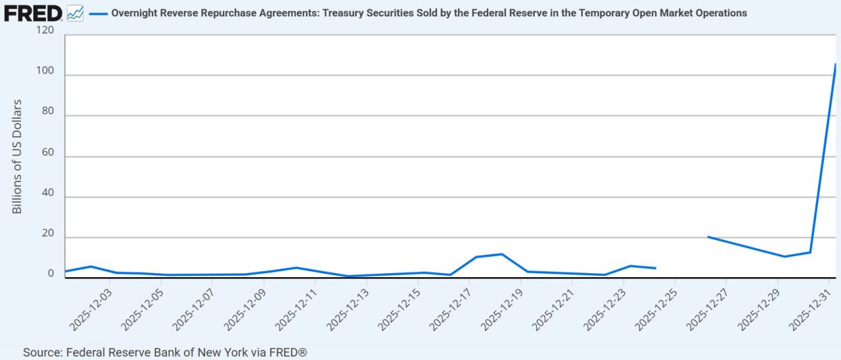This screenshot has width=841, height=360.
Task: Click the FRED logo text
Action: click(33, 12)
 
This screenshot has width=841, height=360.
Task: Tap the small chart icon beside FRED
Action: click(75, 12)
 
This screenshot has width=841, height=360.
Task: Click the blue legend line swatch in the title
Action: click(97, 13)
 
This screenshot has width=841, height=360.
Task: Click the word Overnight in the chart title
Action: click(135, 13)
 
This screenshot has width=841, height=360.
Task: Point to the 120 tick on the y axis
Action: click(45, 32)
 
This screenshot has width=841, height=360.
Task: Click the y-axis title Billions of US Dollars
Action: click(17, 156)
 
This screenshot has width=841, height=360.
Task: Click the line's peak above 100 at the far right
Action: click(835, 64)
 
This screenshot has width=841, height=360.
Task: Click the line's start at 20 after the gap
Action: click(708, 236)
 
